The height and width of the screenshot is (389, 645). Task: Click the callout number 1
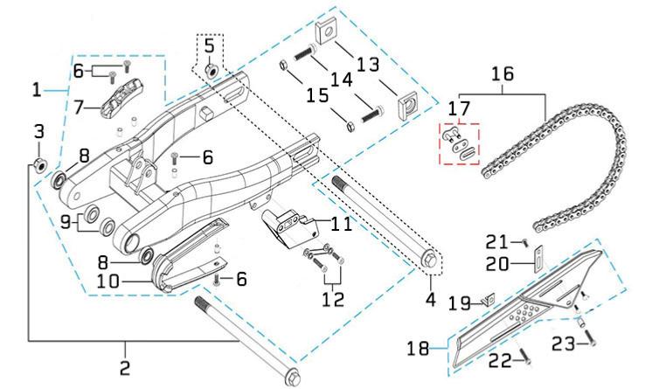[37, 89]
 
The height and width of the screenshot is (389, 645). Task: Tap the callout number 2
[125, 367]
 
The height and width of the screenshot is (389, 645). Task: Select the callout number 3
[38, 132]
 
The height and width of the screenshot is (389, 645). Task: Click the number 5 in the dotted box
[209, 44]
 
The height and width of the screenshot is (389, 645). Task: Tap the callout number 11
[341, 224]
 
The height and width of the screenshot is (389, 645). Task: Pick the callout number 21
[496, 240]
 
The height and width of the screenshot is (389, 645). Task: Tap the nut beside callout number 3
[38, 165]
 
